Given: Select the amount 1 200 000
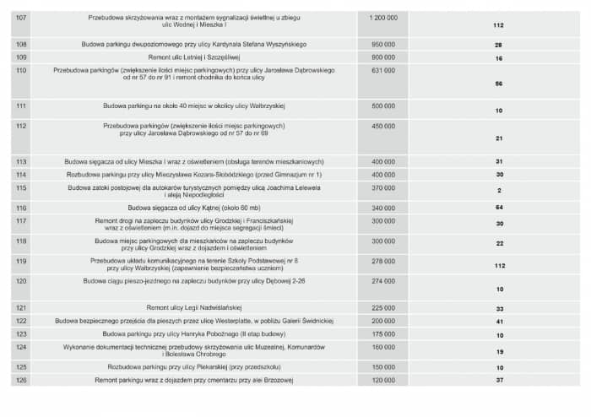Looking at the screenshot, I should pos(383,17).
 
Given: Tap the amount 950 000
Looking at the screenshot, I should pos(383,43).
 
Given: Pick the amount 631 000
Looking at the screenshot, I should pos(383,71).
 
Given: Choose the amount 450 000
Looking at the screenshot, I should pos(383,125).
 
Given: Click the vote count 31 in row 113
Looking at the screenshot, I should pos(499,161).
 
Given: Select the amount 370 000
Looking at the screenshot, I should pos(383,187).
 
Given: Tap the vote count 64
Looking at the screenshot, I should pos(499,207).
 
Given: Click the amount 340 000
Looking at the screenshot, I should pos(383,207).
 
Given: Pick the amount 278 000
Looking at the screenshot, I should pos(383,261).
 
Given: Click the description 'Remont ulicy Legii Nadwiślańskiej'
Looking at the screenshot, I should pos(195,308).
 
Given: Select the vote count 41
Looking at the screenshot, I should pos(499,322).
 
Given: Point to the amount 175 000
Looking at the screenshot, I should pos(383,333).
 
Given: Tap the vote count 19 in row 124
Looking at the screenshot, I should pos(499,351).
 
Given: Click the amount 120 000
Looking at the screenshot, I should pos(383,380).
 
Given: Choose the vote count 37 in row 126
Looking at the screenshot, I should pos(499,381).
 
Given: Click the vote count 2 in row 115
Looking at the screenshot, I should pos(499,191).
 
